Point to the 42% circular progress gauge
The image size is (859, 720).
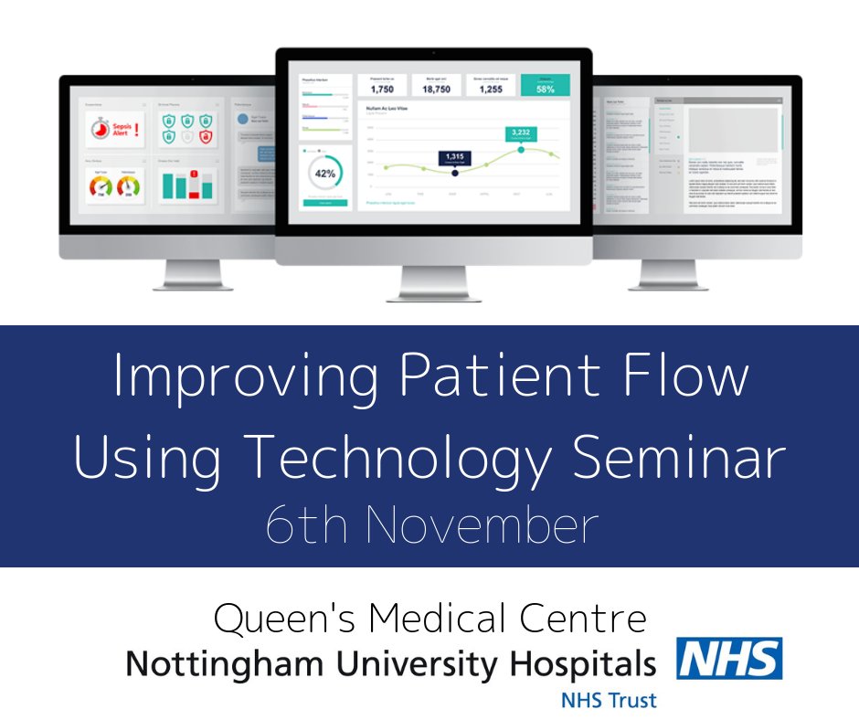coord(324,173)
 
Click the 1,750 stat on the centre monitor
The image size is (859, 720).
coord(381,90)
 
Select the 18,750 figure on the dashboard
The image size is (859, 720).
coord(436,90)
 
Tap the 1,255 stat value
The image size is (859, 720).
coord(490,90)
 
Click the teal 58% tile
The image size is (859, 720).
coord(545,86)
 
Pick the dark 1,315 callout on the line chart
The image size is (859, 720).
coord(455,158)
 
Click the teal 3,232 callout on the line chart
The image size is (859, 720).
coord(521,133)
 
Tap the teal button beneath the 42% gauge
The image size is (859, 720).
coord(324,202)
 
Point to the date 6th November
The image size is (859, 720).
coord(430,527)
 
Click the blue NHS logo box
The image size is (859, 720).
coord(729,659)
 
